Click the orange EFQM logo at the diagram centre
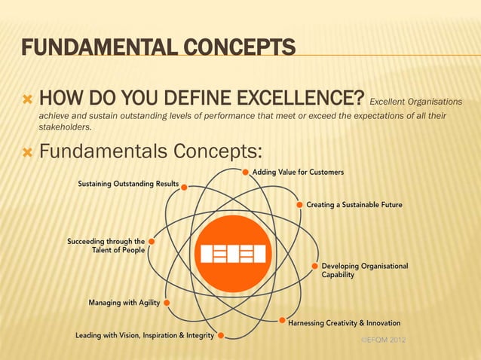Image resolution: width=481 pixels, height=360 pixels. pyautogui.click(x=233, y=254)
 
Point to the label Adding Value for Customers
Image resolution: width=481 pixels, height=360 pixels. pyautogui.click(x=298, y=172)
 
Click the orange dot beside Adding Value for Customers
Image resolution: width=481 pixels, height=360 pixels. pyautogui.click(x=246, y=172)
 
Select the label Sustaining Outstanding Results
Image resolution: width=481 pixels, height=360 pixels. pyautogui.click(x=128, y=185)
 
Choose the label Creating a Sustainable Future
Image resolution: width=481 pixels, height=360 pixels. pyautogui.click(x=354, y=204)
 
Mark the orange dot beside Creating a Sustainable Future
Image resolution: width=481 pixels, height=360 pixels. pyautogui.click(x=300, y=204)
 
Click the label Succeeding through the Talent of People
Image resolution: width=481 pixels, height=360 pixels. pyautogui.click(x=106, y=246)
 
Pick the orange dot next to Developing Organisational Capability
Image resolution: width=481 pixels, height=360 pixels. pyautogui.click(x=314, y=266)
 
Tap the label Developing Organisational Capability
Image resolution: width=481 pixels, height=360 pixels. pyautogui.click(x=365, y=270)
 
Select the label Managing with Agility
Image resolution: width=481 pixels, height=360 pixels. pyautogui.click(x=124, y=303)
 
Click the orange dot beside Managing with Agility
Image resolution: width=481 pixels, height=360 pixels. pyautogui.click(x=167, y=303)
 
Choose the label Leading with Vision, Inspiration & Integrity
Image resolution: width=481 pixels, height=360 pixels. pyautogui.click(x=144, y=335)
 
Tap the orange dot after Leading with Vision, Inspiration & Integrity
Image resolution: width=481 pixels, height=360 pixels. pyautogui.click(x=220, y=336)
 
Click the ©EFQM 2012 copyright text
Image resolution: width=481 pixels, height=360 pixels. pyautogui.click(x=384, y=341)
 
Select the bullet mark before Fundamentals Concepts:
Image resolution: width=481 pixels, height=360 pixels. pyautogui.click(x=28, y=152)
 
